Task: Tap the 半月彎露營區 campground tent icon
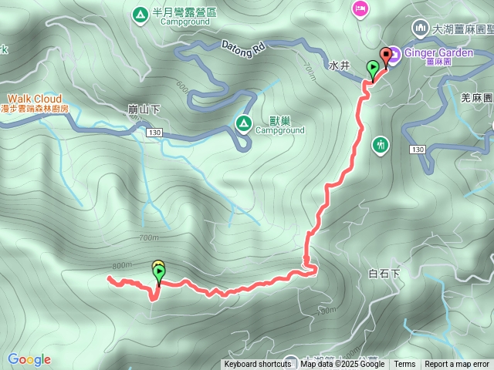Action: click(140, 14)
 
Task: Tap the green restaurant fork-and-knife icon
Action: click(380, 144)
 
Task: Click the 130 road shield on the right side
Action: click(418, 149)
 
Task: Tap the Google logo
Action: click(29, 359)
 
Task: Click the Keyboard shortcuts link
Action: click(258, 365)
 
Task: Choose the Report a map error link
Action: click(457, 365)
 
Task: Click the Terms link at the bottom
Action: click(404, 365)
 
